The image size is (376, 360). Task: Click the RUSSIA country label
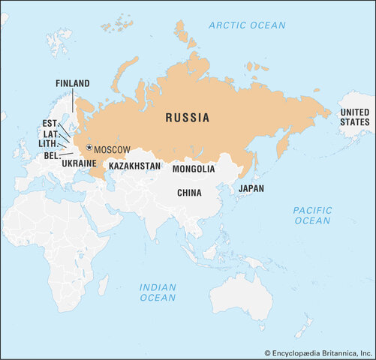click(187, 118)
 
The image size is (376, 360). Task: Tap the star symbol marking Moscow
click(89, 148)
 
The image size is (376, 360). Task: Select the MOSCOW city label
click(113, 149)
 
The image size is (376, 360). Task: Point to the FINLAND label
click(72, 83)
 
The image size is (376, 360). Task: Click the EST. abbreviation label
click(50, 123)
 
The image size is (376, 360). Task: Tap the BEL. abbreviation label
click(50, 154)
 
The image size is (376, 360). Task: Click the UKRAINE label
click(78, 163)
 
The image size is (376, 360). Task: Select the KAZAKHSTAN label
click(134, 165)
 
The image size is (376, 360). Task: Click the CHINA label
click(189, 193)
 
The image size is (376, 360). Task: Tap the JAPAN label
click(251, 188)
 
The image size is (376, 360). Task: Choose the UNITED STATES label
click(355, 117)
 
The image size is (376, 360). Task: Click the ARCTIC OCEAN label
click(247, 25)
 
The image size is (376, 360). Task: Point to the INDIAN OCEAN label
click(158, 292)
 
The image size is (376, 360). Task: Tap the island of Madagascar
click(103, 284)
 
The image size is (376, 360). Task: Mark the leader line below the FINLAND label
click(73, 100)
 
